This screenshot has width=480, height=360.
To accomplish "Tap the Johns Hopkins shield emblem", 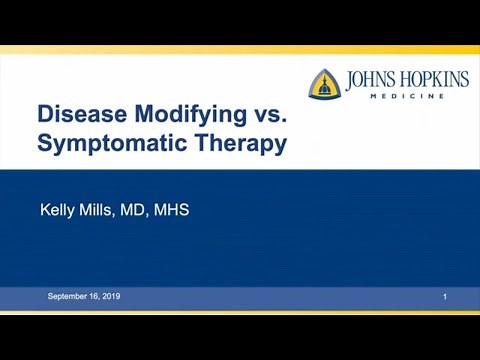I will click(x=323, y=85).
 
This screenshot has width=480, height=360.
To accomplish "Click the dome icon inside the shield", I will click(x=323, y=87).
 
